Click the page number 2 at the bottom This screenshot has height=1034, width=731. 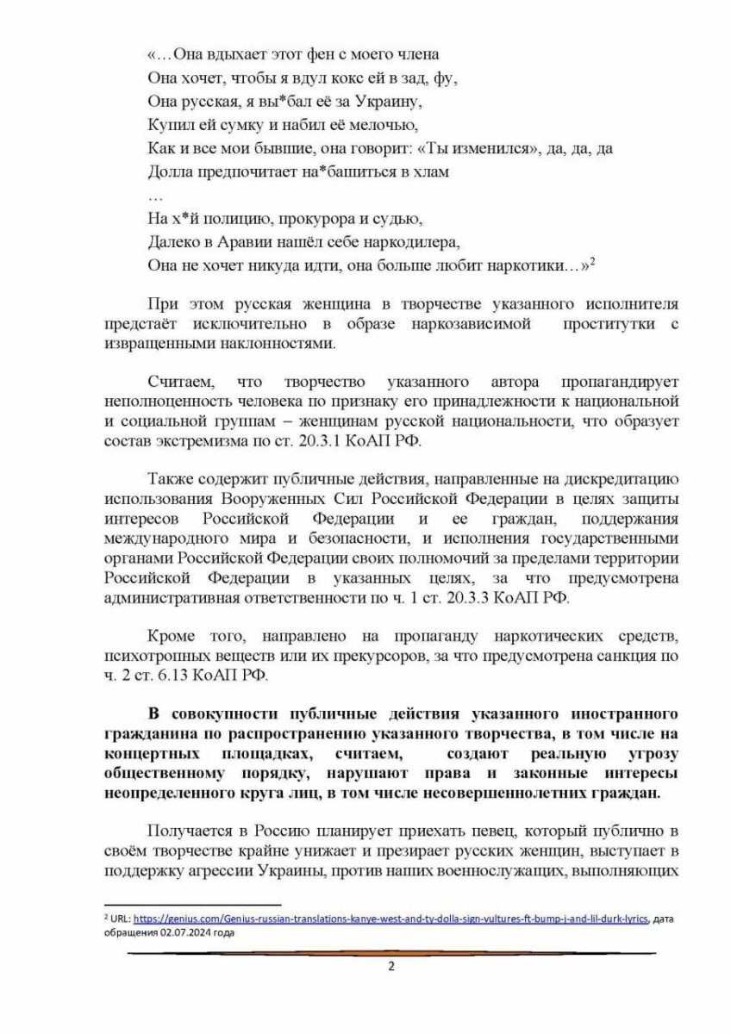390,966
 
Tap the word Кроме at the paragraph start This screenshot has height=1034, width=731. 173,636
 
